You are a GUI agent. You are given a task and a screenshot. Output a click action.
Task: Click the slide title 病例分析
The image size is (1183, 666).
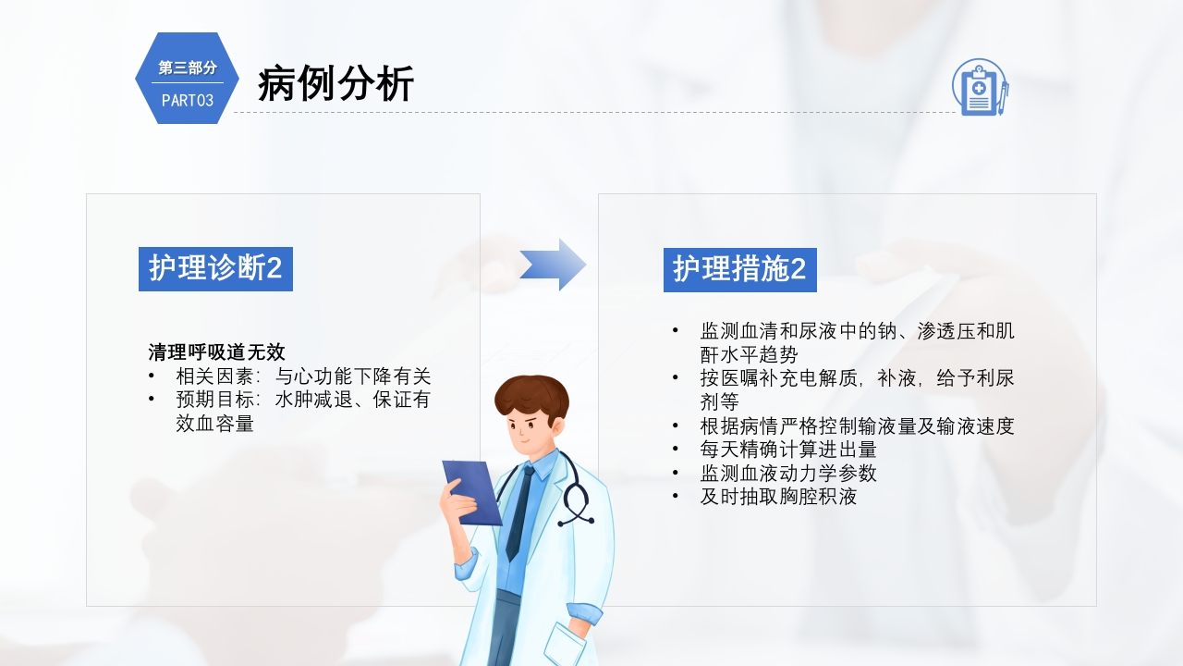click(335, 84)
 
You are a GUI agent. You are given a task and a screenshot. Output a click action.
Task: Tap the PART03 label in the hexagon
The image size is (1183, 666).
click(187, 101)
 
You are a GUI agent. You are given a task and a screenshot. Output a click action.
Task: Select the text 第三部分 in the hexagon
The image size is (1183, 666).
click(187, 68)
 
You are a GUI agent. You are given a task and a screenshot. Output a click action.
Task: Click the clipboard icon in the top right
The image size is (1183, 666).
click(980, 88)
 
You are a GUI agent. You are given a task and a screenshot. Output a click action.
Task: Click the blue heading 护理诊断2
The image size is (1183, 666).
click(215, 269)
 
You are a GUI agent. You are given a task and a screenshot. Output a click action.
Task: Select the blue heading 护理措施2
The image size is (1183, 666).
click(739, 269)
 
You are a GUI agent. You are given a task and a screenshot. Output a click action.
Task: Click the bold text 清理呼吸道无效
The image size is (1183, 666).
click(216, 352)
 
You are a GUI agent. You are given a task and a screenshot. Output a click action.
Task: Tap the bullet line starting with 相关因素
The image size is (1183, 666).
click(303, 376)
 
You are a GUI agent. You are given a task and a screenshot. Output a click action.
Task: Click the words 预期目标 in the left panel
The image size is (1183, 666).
click(212, 401)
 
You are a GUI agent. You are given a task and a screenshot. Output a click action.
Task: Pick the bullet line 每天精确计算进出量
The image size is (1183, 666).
click(788, 450)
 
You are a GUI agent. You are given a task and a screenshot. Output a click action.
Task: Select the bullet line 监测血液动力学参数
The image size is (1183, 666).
click(788, 474)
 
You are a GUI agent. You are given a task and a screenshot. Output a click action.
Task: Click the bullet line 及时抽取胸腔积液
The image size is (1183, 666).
click(778, 497)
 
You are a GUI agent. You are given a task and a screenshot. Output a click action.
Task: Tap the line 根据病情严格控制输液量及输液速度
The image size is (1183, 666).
click(857, 425)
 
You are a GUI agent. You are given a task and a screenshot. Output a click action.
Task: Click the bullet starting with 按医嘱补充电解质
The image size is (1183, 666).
click(857, 378)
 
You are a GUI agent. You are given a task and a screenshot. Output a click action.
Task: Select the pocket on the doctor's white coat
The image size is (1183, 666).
click(564, 643)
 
